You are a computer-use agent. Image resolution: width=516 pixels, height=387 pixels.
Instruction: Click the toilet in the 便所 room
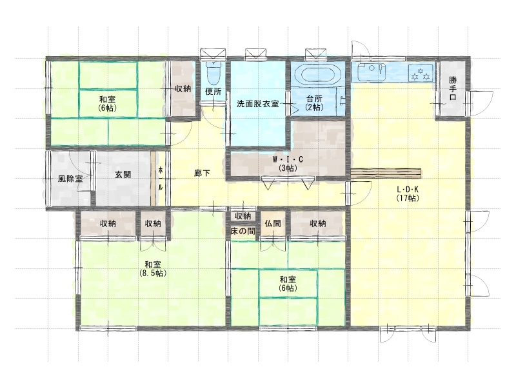(x=213, y=73)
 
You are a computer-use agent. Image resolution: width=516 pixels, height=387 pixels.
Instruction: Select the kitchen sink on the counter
(x=372, y=72)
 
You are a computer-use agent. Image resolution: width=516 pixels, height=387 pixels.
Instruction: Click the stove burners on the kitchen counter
(x=421, y=73)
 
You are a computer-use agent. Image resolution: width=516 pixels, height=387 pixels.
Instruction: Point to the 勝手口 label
(x=453, y=88)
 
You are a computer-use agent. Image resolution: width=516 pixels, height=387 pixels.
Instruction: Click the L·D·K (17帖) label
(x=408, y=193)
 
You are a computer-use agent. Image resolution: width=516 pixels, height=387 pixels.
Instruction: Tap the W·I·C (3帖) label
(x=288, y=164)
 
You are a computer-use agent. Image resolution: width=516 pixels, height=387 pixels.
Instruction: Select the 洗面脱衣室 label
(x=257, y=104)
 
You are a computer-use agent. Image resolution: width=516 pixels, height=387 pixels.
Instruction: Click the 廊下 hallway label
(x=202, y=173)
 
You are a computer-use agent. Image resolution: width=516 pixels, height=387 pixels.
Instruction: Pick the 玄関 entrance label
(x=123, y=174)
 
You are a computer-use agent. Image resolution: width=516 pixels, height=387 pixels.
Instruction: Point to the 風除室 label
(x=70, y=179)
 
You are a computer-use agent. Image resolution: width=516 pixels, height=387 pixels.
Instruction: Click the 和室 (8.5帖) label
(x=153, y=268)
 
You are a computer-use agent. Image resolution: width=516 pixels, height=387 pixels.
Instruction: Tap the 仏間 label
(x=273, y=223)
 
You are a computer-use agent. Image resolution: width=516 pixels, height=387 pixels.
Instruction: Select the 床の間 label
(x=243, y=232)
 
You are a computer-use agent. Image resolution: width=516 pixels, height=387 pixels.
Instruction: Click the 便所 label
(x=213, y=91)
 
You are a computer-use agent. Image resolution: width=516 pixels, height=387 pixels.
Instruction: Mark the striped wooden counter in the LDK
(x=386, y=173)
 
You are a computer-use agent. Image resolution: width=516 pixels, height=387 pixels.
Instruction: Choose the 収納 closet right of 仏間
(x=317, y=223)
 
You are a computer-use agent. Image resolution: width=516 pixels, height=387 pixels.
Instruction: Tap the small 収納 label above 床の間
(x=243, y=216)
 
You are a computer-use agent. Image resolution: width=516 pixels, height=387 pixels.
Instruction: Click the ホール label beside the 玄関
(x=161, y=179)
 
